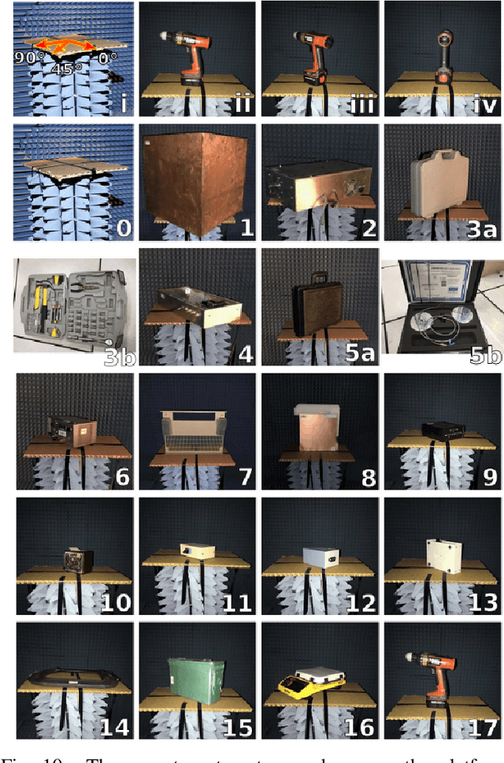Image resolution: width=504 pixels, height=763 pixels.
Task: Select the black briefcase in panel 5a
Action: (x=317, y=308)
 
